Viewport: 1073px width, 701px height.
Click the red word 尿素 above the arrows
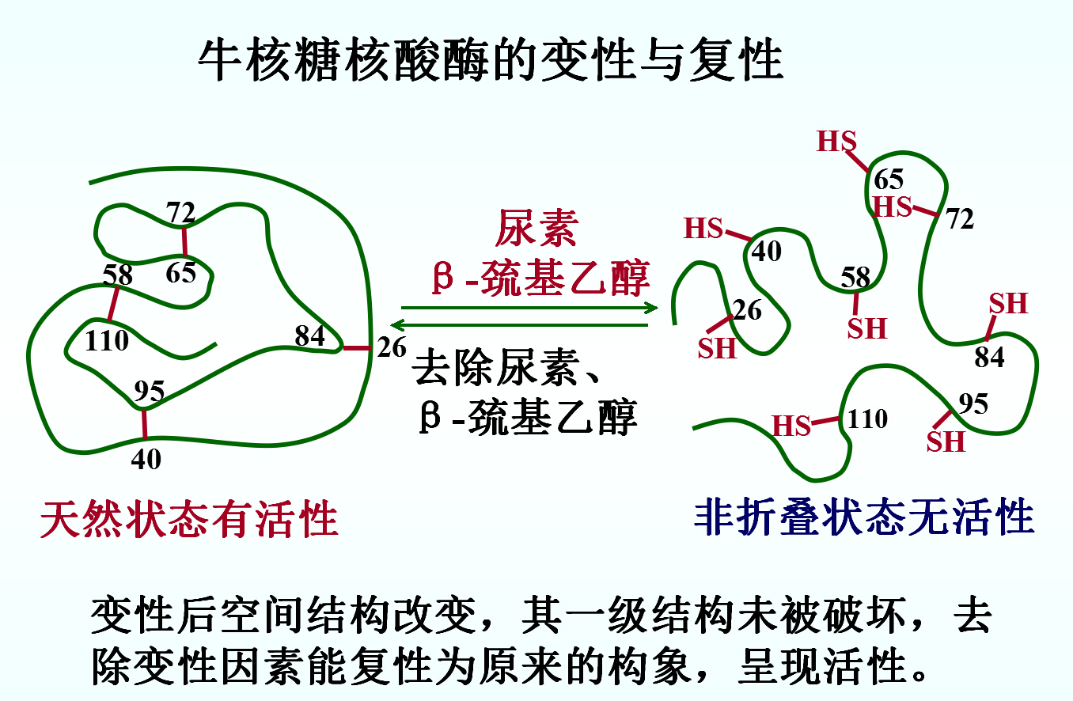[536, 229]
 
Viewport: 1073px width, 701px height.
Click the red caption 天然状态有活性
[190, 519]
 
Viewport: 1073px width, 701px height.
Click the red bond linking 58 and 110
[115, 303]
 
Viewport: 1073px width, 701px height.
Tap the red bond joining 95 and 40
[144, 423]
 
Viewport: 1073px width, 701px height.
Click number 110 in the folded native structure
[107, 341]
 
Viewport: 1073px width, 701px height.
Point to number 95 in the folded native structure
[149, 392]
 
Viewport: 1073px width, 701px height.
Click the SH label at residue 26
[717, 348]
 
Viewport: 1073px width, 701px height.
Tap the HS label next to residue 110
[792, 426]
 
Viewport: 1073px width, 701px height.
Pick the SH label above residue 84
[1008, 303]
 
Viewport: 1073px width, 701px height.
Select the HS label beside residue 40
[703, 229]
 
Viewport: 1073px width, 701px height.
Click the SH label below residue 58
[867, 328]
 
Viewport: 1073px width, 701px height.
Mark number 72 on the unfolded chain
[960, 220]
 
